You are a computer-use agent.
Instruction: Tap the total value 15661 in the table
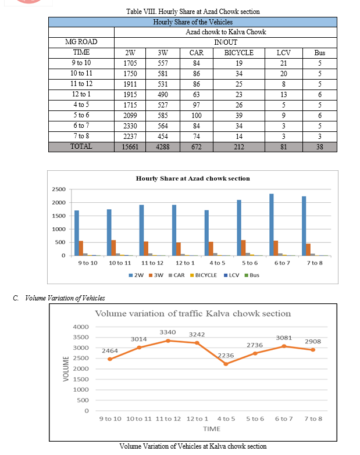(x=130, y=146)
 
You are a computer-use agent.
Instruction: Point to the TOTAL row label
(x=81, y=146)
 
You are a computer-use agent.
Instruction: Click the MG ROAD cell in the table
(x=81, y=42)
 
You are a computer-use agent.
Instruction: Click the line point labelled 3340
(x=167, y=341)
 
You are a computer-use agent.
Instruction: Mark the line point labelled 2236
(x=226, y=364)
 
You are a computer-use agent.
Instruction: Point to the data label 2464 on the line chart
(x=110, y=351)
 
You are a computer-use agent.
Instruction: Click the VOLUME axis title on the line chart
(x=66, y=369)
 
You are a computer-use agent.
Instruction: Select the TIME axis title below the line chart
(x=212, y=429)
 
